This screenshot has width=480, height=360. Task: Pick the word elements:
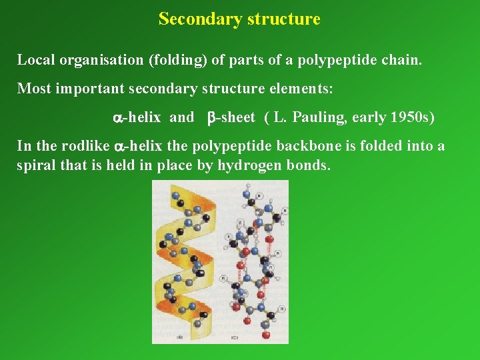point(303,88)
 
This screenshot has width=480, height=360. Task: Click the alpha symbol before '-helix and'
point(114,118)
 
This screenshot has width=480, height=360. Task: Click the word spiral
point(35,165)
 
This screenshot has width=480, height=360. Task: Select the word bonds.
point(307,165)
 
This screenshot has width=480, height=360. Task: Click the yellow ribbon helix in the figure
point(183,260)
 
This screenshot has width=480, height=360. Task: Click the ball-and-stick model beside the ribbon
point(257,260)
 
